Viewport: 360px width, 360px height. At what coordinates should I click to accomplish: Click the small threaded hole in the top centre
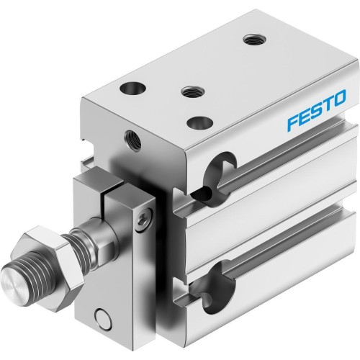190,91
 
